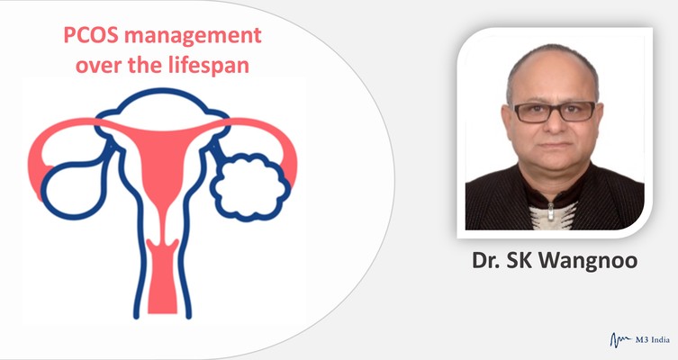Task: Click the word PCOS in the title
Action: (x=91, y=35)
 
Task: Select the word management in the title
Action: (x=193, y=36)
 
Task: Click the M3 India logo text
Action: (x=653, y=339)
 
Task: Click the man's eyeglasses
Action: (x=554, y=112)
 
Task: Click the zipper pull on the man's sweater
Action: (x=551, y=211)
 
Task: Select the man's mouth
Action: (x=555, y=147)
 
